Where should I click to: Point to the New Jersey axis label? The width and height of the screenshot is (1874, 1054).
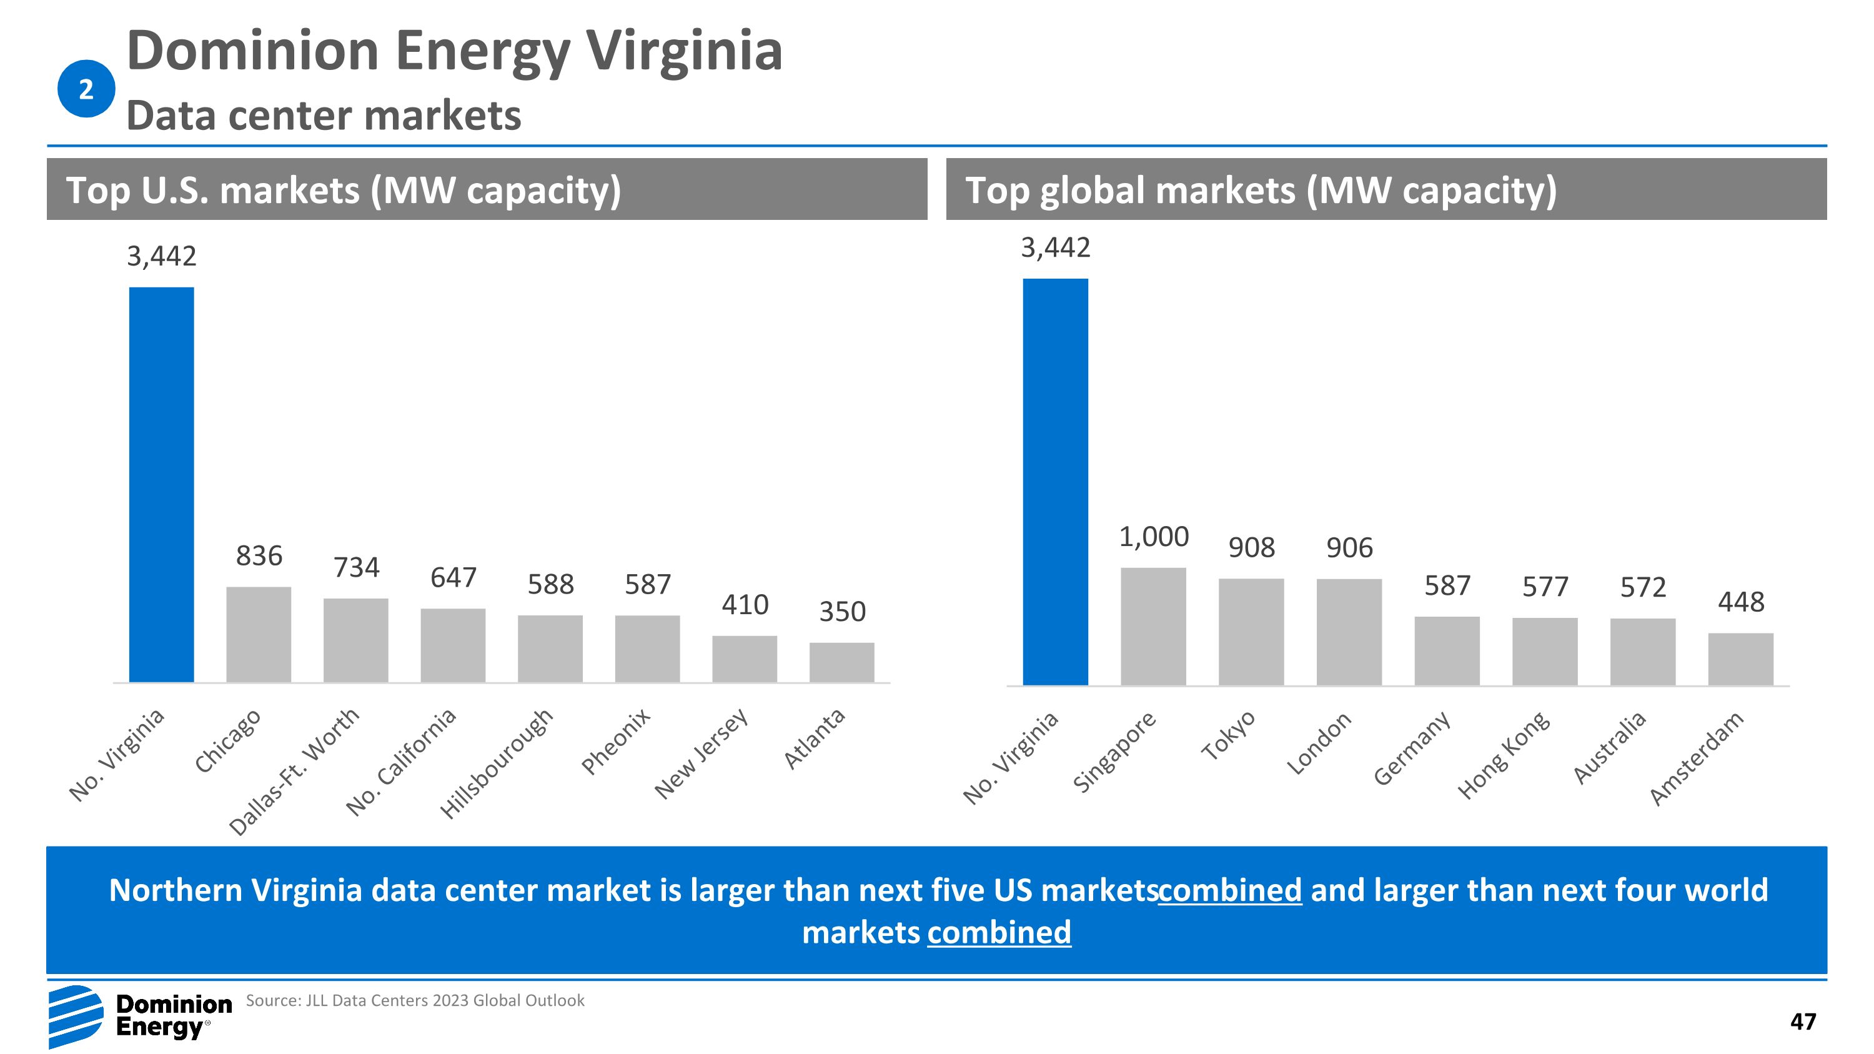pos(702,753)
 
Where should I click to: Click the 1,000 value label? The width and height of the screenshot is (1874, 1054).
pos(1153,537)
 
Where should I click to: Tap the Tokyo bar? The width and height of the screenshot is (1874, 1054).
pos(1251,632)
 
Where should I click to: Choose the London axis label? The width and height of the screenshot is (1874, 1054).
pos(1318,743)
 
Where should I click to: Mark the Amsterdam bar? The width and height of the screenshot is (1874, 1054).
pos(1740,659)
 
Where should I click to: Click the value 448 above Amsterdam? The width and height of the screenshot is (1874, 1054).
pos(1740,602)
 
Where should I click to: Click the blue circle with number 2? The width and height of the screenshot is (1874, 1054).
pos(86,89)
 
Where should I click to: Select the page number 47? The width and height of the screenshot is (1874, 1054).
pos(1803,1022)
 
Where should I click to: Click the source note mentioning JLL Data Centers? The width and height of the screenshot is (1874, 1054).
pos(415,1001)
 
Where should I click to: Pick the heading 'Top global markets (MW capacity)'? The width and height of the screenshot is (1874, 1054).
pos(1261,190)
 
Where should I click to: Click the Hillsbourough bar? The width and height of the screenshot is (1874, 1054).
pos(550,649)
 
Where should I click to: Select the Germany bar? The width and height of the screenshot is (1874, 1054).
pos(1446,650)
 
